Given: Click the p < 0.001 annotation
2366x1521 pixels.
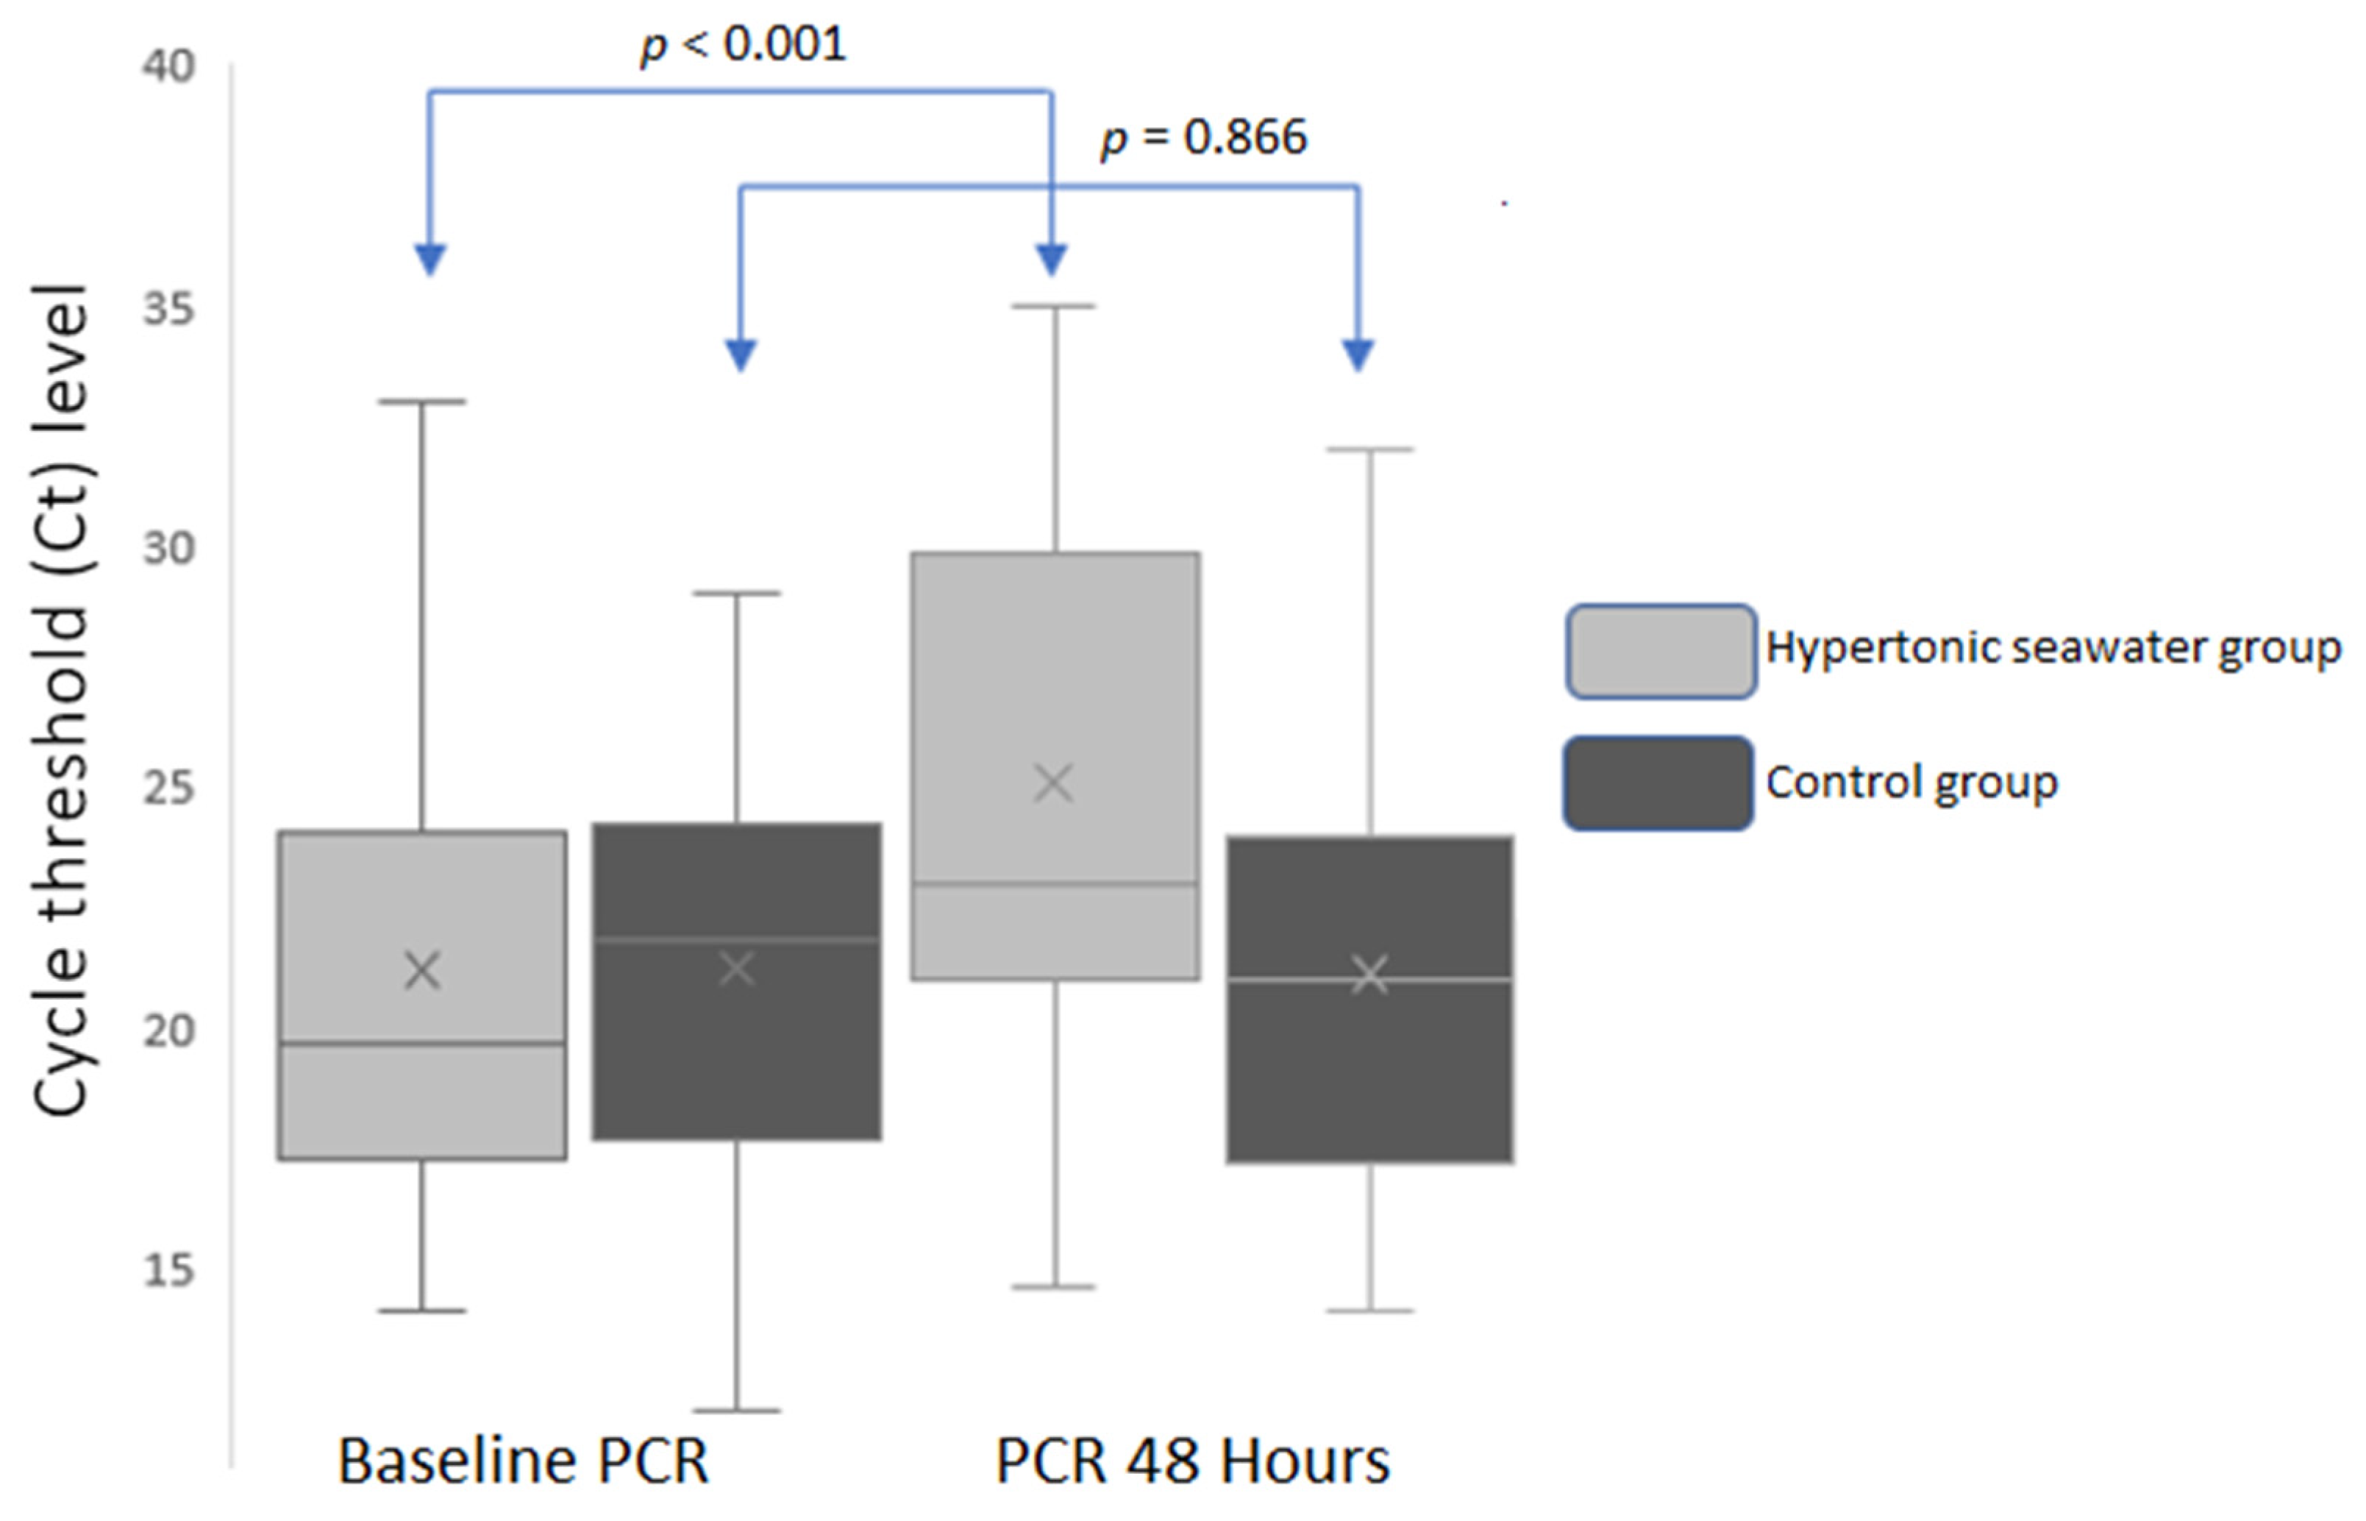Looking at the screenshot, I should tap(743, 44).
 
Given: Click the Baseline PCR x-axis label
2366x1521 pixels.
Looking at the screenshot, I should tap(524, 1461).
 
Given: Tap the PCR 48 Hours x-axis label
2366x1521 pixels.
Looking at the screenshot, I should tap(1192, 1461).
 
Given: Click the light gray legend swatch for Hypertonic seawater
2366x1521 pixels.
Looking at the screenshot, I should tap(1660, 651).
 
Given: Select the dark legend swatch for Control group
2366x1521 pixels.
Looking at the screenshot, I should tap(1658, 783).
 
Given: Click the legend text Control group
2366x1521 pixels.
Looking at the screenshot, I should tap(1911, 783).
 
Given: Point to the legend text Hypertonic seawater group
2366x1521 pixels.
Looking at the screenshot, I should tap(2053, 648).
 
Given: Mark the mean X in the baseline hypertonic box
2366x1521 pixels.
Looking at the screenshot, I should tap(423, 971).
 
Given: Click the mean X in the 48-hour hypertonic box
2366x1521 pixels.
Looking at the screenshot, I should tap(1052, 784).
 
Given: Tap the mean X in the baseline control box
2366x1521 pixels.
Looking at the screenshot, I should tap(737, 969).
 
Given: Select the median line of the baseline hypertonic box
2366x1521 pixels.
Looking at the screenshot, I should tap(423, 1043).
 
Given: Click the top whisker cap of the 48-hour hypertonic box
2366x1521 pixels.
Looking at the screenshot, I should tap(1055, 306).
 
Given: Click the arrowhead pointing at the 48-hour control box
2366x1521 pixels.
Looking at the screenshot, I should tap(1358, 354).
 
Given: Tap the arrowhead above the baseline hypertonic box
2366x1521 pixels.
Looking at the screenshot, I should tap(430, 259).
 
